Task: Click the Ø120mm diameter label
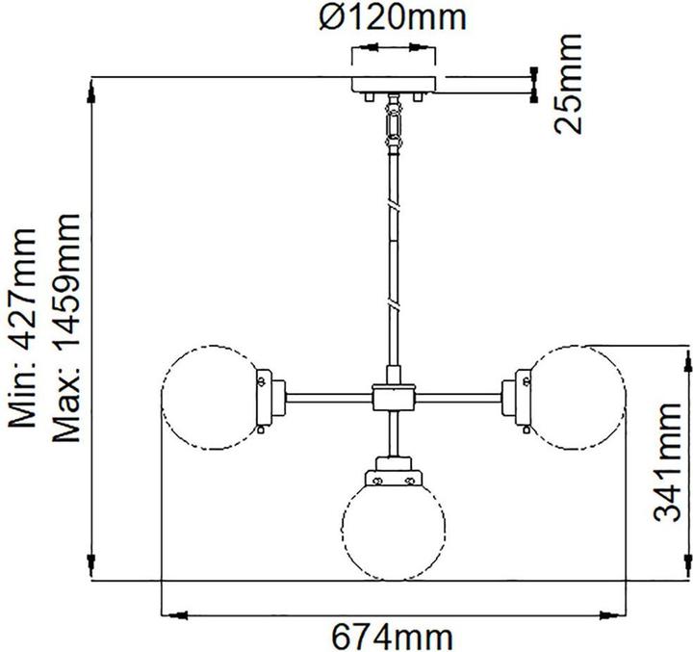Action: (393, 16)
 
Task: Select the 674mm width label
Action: (393, 636)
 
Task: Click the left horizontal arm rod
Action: (327, 395)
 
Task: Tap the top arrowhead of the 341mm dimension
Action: (685, 352)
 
